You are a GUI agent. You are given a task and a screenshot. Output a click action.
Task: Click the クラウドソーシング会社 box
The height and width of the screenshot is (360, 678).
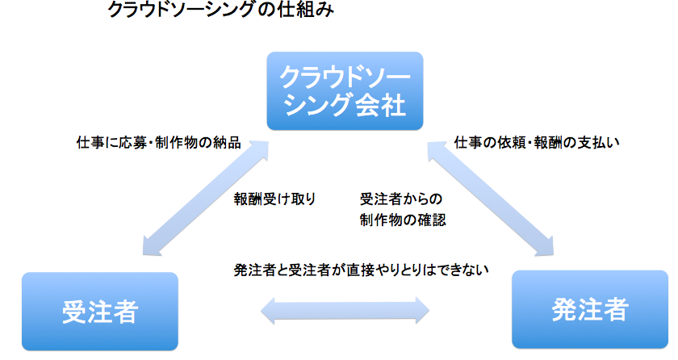point(345,91)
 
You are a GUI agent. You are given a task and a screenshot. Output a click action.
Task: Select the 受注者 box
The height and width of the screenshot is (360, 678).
point(100,311)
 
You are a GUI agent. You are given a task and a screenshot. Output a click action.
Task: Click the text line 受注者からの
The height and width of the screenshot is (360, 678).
point(401,199)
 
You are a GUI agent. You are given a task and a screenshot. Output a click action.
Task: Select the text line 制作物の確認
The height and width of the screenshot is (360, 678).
point(403,219)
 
